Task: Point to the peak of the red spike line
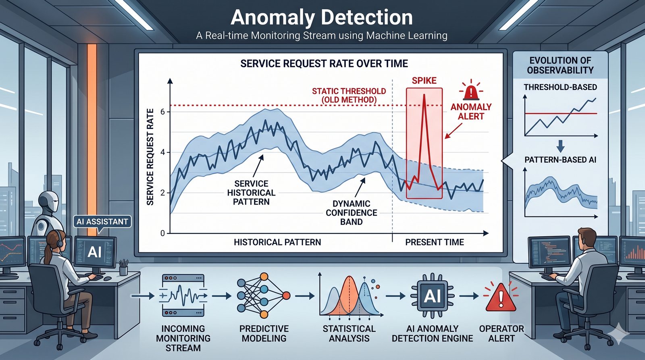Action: click(x=424, y=95)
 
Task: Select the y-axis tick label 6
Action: click(x=163, y=112)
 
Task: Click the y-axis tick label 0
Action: click(x=163, y=233)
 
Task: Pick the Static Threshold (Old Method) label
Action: click(x=349, y=95)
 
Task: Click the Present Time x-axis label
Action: click(x=435, y=242)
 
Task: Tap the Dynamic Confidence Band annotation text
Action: click(x=351, y=213)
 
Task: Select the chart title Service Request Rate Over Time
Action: click(x=324, y=63)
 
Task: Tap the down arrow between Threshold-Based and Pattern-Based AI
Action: click(x=560, y=146)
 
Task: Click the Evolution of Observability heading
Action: click(x=560, y=65)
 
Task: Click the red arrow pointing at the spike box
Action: click(x=454, y=131)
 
